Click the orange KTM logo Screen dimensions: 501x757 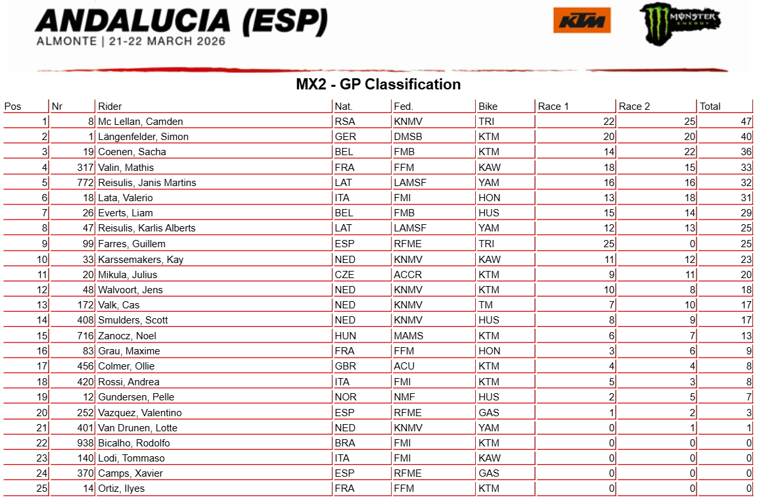click(x=582, y=20)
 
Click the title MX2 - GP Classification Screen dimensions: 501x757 click(x=378, y=84)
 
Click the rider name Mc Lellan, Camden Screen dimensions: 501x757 click(x=140, y=122)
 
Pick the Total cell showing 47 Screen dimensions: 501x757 click(x=746, y=122)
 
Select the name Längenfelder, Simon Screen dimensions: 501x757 click(x=143, y=137)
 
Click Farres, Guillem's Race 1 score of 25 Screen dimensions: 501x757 click(x=608, y=244)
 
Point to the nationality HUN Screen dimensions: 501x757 click(x=345, y=336)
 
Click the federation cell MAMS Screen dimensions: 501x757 click(x=408, y=336)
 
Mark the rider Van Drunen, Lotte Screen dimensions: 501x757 click(x=137, y=428)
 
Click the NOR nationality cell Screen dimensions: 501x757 click(x=345, y=397)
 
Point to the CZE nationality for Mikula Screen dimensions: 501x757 click(x=344, y=275)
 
